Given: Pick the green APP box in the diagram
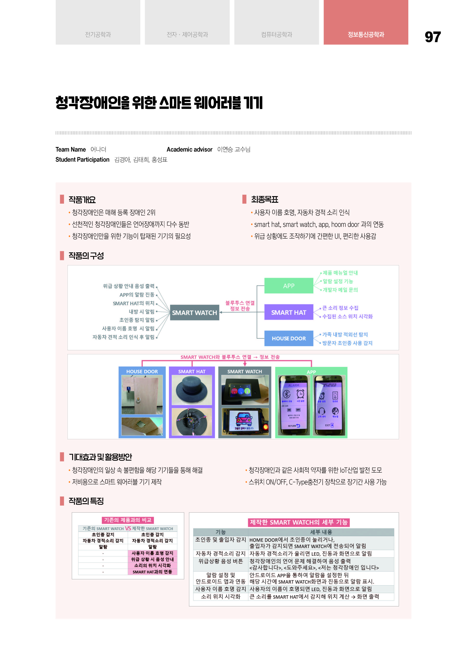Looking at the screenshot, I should [289, 286].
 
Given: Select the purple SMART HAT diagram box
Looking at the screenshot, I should [289, 312].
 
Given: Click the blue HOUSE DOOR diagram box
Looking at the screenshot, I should [289, 338].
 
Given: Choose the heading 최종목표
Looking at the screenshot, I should [264, 199].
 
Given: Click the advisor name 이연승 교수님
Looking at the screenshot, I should [234, 149].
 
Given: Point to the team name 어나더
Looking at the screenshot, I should [98, 149].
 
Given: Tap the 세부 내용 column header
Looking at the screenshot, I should [321, 532].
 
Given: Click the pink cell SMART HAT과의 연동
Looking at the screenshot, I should [152, 572].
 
